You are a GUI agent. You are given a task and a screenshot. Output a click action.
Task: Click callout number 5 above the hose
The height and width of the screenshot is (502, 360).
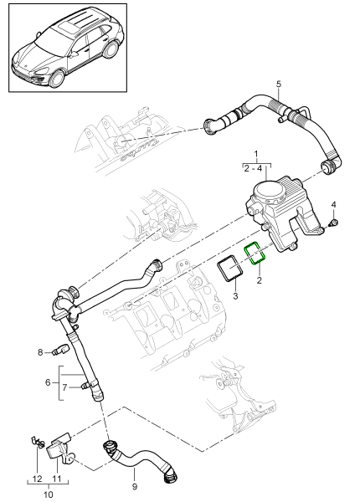pyautogui.click(x=279, y=83)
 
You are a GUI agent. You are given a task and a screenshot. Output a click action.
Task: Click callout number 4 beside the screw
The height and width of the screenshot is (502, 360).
pyautogui.click(x=333, y=205)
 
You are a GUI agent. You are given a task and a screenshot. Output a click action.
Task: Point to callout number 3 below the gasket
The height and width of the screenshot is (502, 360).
pyautogui.click(x=235, y=296)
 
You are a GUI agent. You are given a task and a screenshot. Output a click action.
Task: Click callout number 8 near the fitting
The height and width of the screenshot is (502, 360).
pyautogui.click(x=39, y=352)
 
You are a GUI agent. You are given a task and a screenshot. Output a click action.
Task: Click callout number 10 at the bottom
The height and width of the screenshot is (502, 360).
pyautogui.click(x=48, y=495)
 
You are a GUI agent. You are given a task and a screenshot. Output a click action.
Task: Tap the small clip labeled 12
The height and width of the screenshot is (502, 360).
pyautogui.click(x=37, y=441)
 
